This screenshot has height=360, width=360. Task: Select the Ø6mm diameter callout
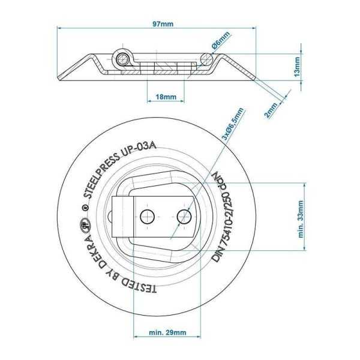pos(220,44)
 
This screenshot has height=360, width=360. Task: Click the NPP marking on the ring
pos(222,180)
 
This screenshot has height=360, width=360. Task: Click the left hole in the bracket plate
pos(146,215)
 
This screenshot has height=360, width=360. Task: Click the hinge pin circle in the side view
pos(122,59)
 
